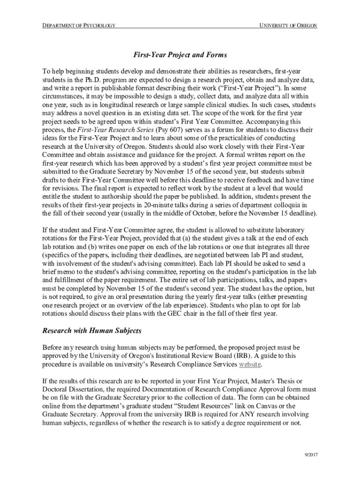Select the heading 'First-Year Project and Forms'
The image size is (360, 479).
[x=180, y=55]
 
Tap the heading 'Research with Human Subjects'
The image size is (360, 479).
[x=92, y=331]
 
